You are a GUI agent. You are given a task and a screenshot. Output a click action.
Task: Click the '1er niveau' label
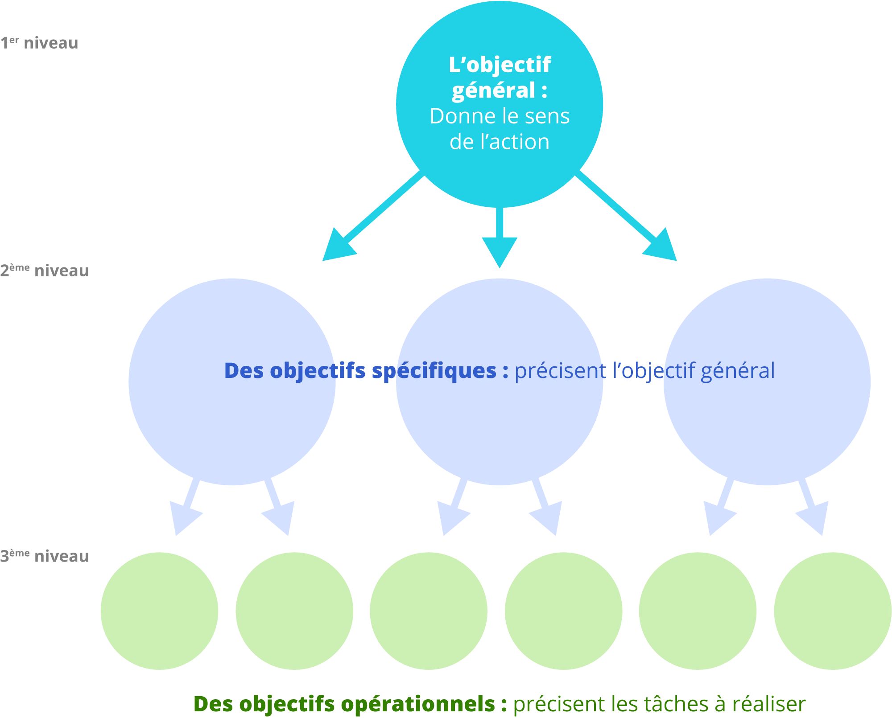point(39,43)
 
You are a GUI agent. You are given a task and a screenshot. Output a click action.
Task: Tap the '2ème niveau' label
point(45,271)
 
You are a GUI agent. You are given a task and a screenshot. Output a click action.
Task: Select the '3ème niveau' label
point(45,556)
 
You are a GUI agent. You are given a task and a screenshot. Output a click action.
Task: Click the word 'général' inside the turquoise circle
point(493,90)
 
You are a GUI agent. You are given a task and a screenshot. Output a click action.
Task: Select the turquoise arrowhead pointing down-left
point(337,248)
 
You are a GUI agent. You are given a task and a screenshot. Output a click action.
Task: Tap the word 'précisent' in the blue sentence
point(560,371)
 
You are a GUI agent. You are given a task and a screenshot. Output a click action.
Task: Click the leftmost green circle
point(159,611)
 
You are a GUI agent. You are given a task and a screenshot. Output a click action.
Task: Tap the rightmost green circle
point(832,611)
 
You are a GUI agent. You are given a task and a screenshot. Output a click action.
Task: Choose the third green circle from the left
point(429,611)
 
